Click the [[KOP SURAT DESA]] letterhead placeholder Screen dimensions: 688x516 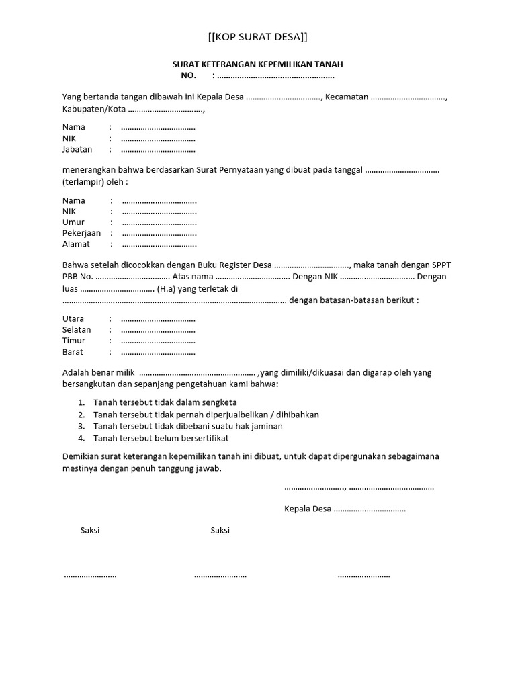tap(258, 36)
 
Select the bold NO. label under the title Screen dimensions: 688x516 tap(187, 75)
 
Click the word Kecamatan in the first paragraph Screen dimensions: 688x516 tap(347, 97)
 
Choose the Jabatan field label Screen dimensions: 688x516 tap(77, 149)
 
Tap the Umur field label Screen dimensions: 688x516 tap(73, 222)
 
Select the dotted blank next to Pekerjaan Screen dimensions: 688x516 tap(159, 233)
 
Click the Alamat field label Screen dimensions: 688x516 tap(76, 244)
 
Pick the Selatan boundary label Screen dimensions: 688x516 tap(77, 330)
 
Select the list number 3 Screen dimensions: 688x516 tap(81, 426)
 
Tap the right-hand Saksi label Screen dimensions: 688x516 tap(220, 530)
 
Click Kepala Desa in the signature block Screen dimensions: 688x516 tap(308, 509)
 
